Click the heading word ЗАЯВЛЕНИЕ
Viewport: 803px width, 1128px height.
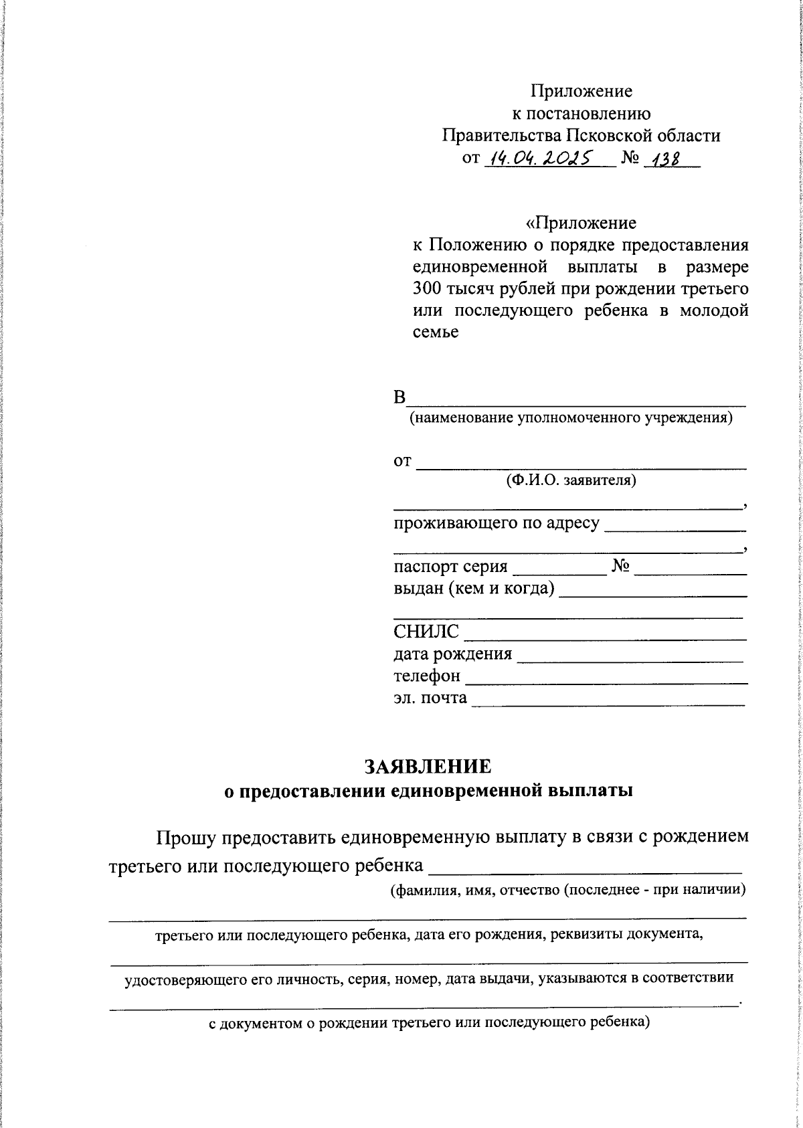(427, 765)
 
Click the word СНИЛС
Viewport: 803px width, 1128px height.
(426, 632)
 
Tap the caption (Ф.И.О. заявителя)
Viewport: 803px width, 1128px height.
(571, 480)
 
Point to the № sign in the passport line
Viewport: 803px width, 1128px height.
(620, 567)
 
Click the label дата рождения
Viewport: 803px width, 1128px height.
(452, 654)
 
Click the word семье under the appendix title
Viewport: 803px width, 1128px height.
(435, 333)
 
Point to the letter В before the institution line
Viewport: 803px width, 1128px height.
(399, 398)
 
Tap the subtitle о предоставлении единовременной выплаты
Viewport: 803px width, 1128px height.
(427, 791)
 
